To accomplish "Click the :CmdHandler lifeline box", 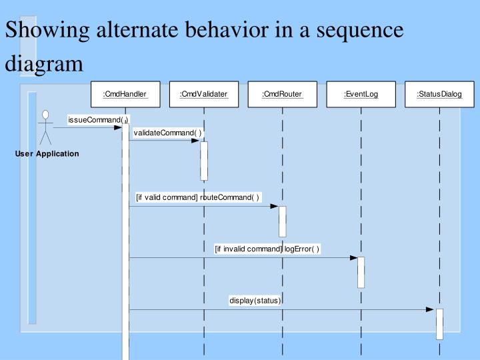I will (125, 94).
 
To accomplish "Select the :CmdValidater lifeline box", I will (203, 94).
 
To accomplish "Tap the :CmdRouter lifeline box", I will (282, 94).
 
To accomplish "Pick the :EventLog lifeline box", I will (361, 94).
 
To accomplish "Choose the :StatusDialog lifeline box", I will (439, 94).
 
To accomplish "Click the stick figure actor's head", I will (45, 114).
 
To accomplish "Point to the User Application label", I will (47, 154).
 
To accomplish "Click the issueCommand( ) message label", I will (97, 120).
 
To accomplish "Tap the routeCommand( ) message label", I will (197, 197).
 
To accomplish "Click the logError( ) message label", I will (267, 249).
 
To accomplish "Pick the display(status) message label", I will (255, 301).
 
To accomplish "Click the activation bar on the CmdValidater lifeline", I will (204, 160).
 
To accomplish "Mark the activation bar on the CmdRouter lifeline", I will (283, 221).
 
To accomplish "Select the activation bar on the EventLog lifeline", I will (361, 271).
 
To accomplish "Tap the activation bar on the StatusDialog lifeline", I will (439, 323).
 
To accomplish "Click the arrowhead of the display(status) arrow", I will (431, 309).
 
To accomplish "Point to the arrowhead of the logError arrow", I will (353, 257).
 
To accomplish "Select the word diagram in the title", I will (45, 65).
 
